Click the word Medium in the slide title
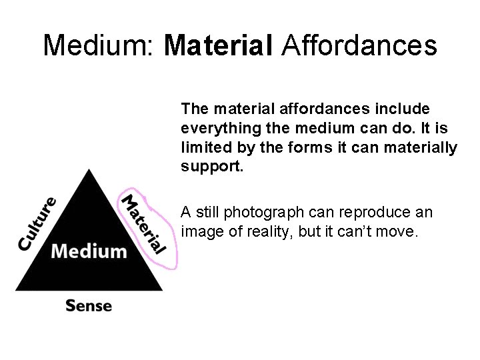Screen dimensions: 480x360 99,46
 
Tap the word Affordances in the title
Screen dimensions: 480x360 360,46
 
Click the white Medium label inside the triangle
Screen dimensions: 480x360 89,251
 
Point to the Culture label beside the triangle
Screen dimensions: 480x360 37,223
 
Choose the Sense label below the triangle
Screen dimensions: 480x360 89,306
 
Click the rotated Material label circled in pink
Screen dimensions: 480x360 143,223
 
